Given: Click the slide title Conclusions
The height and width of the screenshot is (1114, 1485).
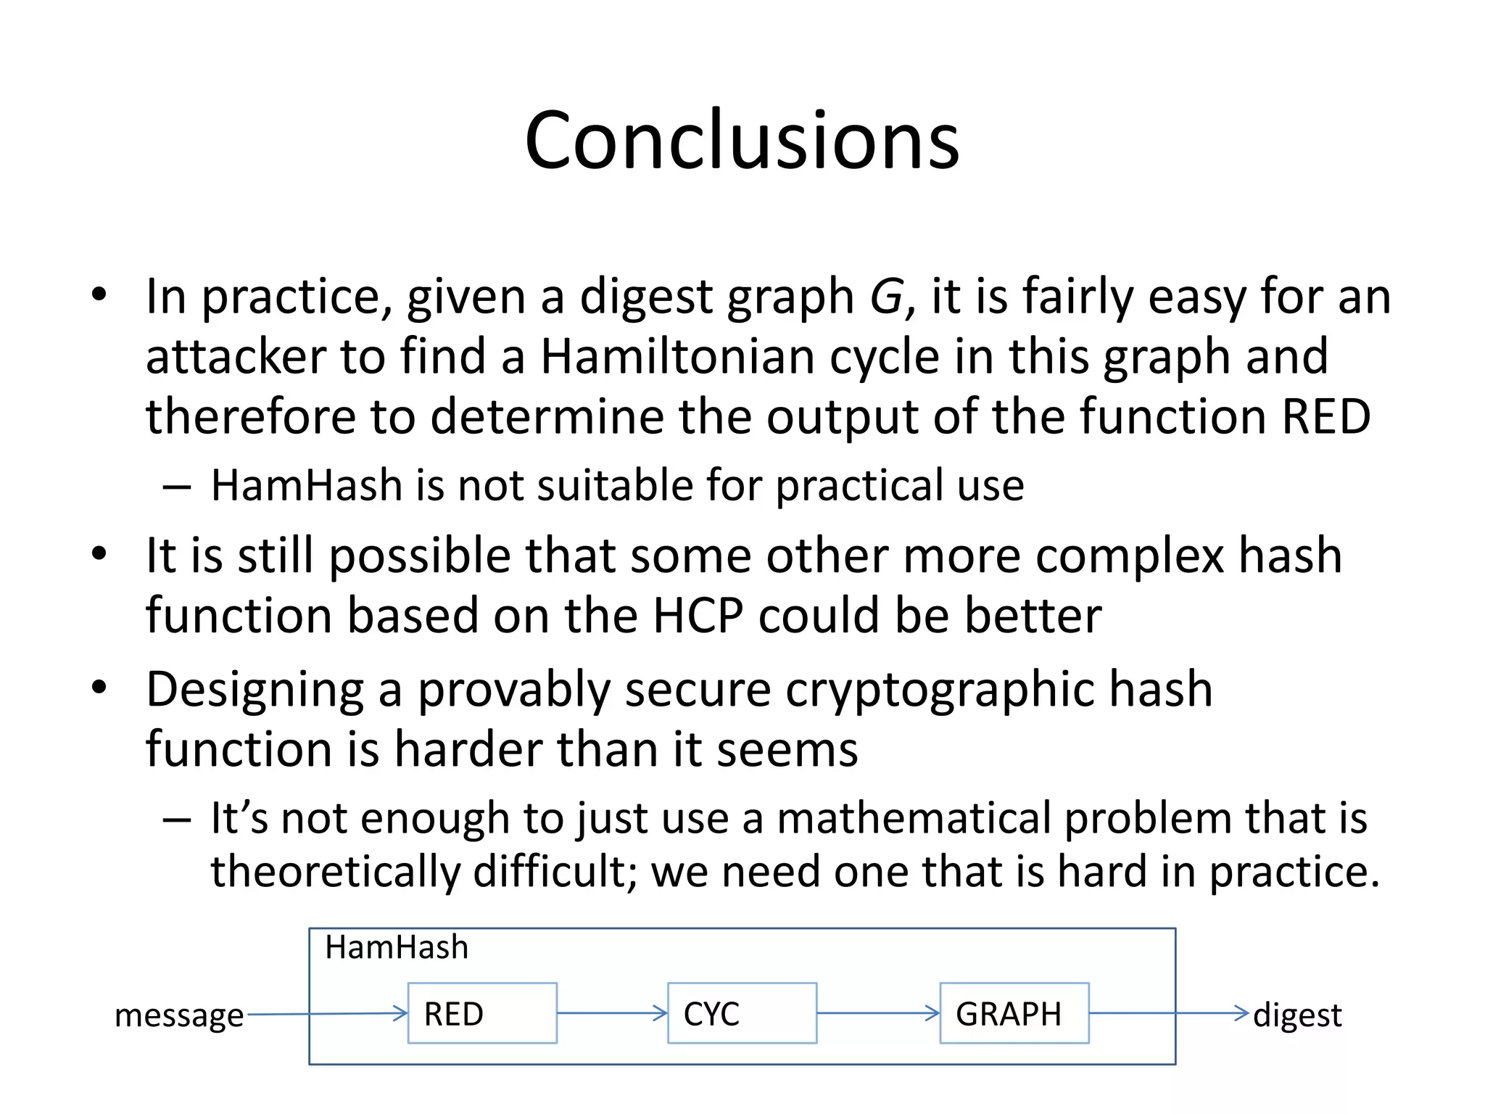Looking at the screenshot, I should pyautogui.click(x=742, y=140).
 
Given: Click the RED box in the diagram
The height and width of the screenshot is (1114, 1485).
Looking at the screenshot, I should pyautogui.click(x=482, y=1013).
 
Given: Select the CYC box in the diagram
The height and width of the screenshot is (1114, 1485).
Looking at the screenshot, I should pyautogui.click(x=742, y=1013).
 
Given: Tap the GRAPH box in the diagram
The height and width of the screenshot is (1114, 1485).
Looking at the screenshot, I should pyautogui.click(x=1014, y=1013).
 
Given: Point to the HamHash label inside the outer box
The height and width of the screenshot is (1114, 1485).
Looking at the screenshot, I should pyautogui.click(x=397, y=947).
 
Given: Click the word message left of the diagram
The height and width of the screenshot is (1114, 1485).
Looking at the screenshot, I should pyautogui.click(x=179, y=1015).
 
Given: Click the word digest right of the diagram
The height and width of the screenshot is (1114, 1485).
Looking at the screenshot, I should pyautogui.click(x=1297, y=1015).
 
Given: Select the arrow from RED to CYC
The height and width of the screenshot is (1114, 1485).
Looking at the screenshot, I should pyautogui.click(x=612, y=1013).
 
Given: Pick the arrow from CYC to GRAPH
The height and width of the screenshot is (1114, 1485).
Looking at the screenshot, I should pyautogui.click(x=877, y=1013).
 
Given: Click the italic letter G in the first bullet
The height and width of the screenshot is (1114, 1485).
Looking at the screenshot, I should pyautogui.click(x=886, y=297).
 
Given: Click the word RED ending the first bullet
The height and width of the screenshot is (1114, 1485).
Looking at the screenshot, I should pyautogui.click(x=1326, y=417).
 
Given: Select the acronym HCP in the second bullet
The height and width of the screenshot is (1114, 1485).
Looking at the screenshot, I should pyautogui.click(x=698, y=616).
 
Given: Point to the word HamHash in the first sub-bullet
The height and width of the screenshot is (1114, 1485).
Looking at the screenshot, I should pyautogui.click(x=306, y=485).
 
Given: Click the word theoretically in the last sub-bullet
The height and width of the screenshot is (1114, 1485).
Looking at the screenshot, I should pyautogui.click(x=335, y=871).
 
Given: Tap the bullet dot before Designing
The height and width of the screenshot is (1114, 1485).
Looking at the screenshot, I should pyautogui.click(x=99, y=687).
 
